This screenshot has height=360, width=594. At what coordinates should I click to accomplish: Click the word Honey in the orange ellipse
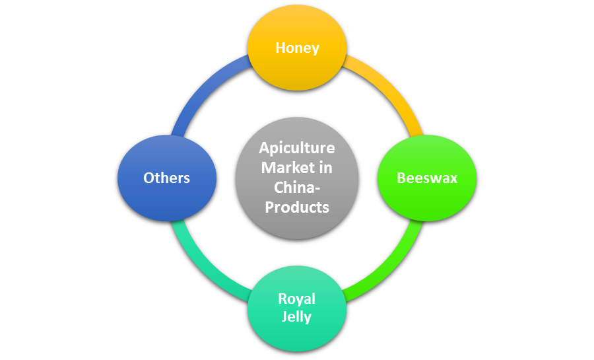[x=297, y=48]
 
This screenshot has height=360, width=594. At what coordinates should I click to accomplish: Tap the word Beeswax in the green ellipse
[x=427, y=178]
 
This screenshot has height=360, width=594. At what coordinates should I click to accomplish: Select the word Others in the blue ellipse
[x=167, y=178]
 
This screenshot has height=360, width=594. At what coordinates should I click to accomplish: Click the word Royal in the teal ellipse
[x=297, y=299]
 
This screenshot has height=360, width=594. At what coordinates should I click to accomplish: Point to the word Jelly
[x=297, y=316]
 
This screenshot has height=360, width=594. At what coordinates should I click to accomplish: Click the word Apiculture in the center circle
[x=297, y=148]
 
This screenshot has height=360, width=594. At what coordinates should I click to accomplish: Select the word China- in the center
[x=297, y=188]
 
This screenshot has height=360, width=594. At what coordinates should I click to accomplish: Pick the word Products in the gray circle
[x=297, y=207]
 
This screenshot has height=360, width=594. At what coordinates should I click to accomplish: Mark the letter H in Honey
[x=280, y=48]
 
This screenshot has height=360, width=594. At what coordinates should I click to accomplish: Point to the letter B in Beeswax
[x=401, y=178]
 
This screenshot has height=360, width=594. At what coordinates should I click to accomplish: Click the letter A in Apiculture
[x=263, y=148]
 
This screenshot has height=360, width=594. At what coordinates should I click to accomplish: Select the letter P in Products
[x=269, y=207]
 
